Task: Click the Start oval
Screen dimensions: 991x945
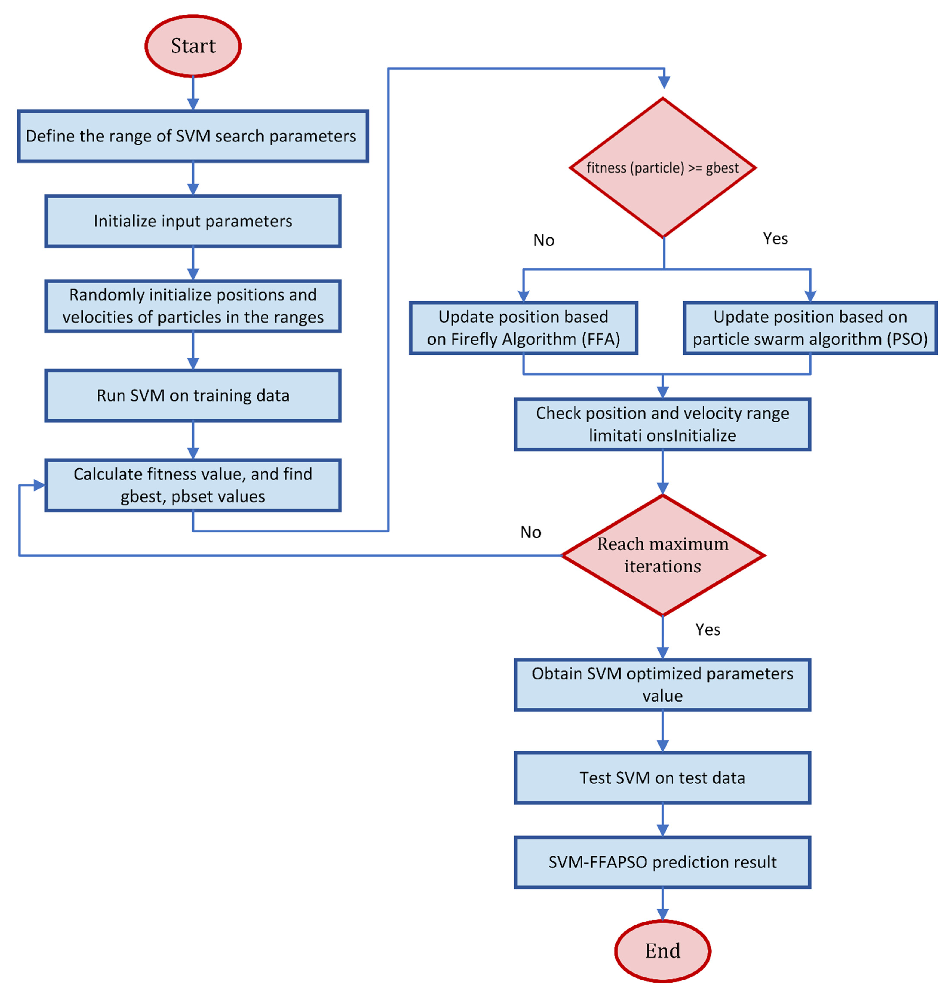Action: pyautogui.click(x=193, y=46)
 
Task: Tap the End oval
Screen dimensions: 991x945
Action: pyautogui.click(x=662, y=951)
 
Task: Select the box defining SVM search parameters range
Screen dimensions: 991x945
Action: pyautogui.click(x=193, y=136)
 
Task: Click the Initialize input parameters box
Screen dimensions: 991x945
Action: pyautogui.click(x=193, y=221)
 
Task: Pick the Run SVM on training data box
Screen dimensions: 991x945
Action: pyautogui.click(x=193, y=395)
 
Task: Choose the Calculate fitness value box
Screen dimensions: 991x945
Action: pyautogui.click(x=193, y=485)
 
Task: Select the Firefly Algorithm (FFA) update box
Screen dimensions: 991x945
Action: pyautogui.click(x=523, y=328)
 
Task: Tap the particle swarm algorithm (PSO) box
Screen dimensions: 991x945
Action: pyautogui.click(x=810, y=328)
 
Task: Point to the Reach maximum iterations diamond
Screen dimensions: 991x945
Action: pyautogui.click(x=662, y=555)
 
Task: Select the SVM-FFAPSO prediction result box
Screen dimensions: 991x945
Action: pyautogui.click(x=662, y=862)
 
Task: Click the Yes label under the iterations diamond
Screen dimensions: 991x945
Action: pyautogui.click(x=708, y=629)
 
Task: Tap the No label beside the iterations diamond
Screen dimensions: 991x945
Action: pyautogui.click(x=530, y=532)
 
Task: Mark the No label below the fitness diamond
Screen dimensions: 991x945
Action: pyautogui.click(x=543, y=240)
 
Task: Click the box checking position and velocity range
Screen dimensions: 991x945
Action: pyautogui.click(x=662, y=424)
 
